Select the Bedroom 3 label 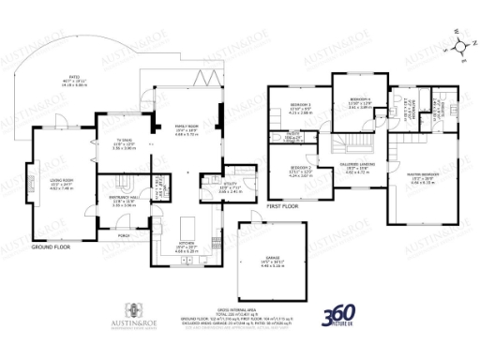300,104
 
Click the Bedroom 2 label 301,170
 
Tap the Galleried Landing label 360,168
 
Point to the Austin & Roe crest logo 136,309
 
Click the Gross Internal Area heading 240,307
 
